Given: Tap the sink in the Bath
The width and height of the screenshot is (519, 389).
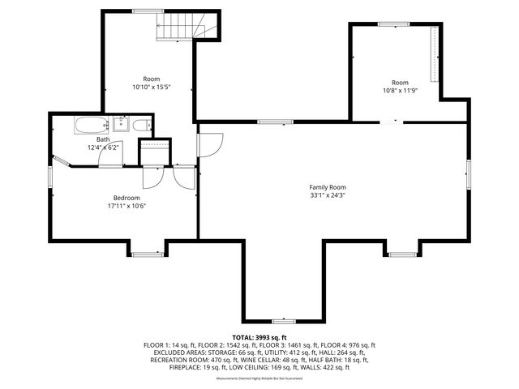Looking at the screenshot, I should (x=120, y=124).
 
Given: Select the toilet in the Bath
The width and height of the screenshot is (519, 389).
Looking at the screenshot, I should (x=140, y=126).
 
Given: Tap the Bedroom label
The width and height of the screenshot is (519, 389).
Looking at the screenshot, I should (x=126, y=198).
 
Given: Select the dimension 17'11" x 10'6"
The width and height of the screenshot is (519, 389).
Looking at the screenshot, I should (x=126, y=206).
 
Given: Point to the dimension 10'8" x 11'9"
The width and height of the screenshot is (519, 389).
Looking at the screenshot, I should (x=400, y=91).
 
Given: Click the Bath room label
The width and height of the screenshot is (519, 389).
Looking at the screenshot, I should (x=103, y=139).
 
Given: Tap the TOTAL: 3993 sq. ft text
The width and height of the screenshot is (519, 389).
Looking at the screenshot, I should (x=259, y=337).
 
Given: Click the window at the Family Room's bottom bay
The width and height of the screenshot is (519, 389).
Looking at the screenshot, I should (x=283, y=322).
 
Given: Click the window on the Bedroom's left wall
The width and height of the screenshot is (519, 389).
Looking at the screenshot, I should (x=50, y=174).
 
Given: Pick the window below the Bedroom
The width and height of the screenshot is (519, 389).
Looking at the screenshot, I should (x=147, y=254).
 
